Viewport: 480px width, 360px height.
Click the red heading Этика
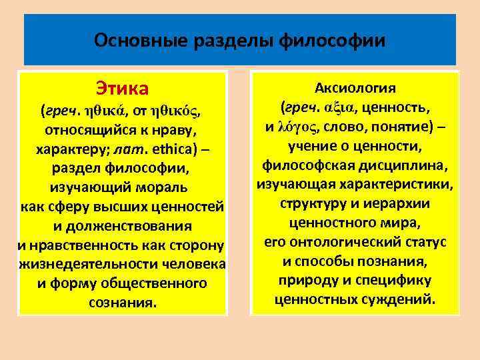click(x=122, y=88)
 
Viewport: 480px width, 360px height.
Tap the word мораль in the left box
click(x=163, y=186)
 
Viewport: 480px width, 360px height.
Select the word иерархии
click(x=400, y=203)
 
